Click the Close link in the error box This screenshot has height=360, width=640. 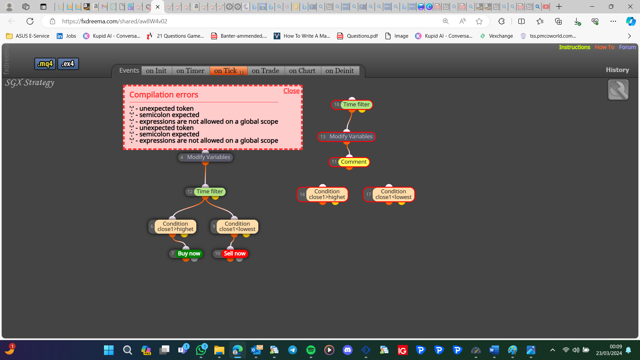point(291,91)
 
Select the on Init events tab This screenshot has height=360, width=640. point(156,71)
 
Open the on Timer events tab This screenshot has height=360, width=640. point(190,71)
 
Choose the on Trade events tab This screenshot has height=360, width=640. point(266,71)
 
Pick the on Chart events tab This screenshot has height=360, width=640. point(302,71)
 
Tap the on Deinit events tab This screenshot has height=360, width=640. point(340,71)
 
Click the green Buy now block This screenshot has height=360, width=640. point(186,254)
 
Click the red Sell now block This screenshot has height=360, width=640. point(231,254)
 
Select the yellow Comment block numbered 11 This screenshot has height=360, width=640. point(349,162)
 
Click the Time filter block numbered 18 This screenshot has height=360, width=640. point(352,105)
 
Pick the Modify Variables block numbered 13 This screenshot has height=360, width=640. point(347,137)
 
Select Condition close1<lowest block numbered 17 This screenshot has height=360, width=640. point(389,194)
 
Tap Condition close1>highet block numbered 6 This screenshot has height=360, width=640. point(172,227)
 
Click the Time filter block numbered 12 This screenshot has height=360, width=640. point(205,192)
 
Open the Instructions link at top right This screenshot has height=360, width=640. point(575,47)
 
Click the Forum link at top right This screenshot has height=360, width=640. point(627,47)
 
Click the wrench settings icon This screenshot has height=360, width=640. point(618,90)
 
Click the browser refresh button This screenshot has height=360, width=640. point(30,21)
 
